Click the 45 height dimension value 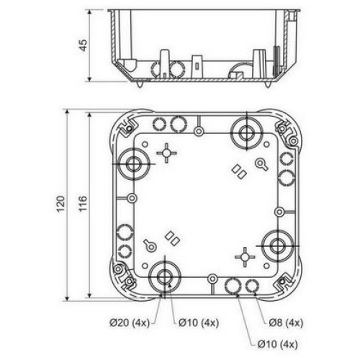pos(84,45)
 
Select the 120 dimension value pos(60,204)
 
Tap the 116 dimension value pos(83,204)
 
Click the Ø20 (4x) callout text pos(130,323)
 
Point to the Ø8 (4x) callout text pos(286,323)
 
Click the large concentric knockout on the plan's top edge pos(246,132)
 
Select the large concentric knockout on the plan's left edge pos(134,164)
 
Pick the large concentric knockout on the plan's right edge pos(278,246)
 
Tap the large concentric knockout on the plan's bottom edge pos(165,277)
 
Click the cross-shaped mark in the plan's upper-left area pos(166,153)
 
